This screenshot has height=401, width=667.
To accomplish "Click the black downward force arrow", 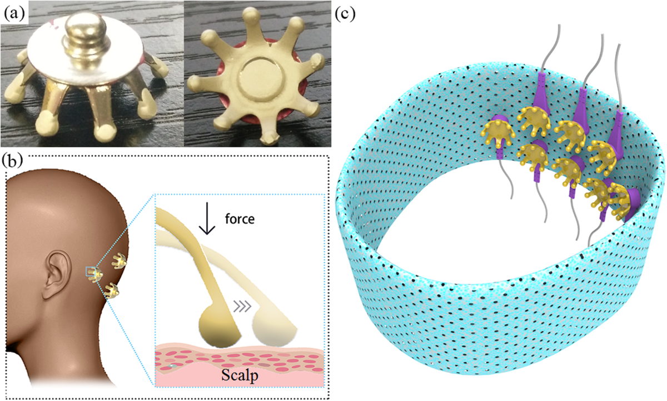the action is (207, 222).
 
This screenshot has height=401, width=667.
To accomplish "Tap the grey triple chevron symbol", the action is (240, 305).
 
